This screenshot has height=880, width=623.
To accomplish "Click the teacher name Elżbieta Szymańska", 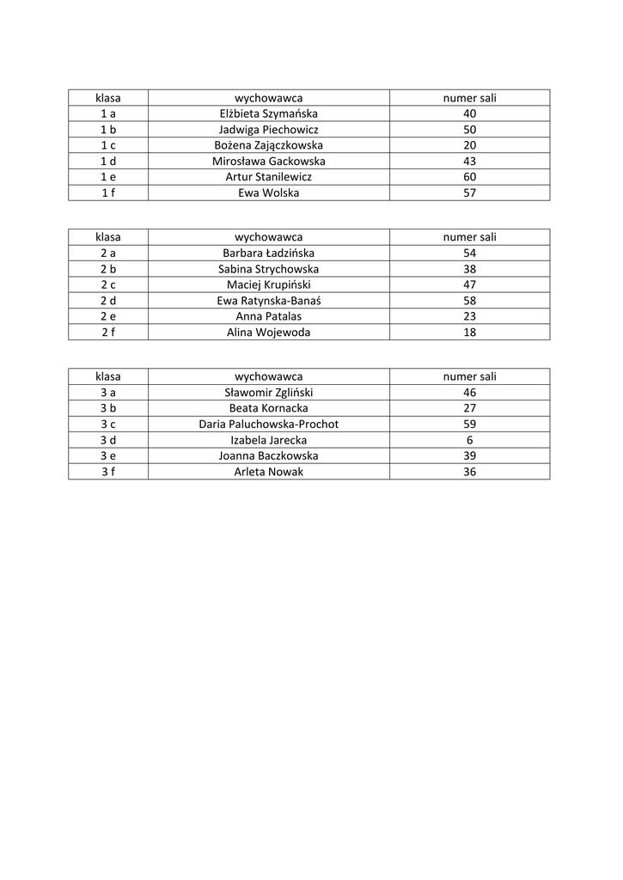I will (x=268, y=113).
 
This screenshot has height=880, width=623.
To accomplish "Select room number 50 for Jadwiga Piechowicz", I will (x=469, y=129).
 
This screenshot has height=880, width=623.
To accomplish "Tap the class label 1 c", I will (x=108, y=145).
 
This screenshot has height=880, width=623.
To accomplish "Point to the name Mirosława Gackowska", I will (x=268, y=161).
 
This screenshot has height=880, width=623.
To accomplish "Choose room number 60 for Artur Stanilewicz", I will (x=469, y=177).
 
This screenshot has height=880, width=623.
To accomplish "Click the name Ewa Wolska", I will (x=268, y=192).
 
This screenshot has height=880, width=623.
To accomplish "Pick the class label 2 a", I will (x=108, y=253).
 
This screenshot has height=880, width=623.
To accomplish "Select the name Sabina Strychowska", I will (x=268, y=269).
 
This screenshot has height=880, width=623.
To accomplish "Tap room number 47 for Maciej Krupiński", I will (x=469, y=284).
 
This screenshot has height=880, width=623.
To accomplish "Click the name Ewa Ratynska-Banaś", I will (x=268, y=301).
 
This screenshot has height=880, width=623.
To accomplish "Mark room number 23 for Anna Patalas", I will (x=469, y=316).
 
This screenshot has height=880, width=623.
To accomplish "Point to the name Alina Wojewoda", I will (x=268, y=333).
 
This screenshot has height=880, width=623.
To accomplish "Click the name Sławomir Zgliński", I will (x=268, y=393).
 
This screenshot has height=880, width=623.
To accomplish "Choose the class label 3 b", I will (x=108, y=408).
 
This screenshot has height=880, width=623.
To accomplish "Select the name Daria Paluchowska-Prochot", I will (x=268, y=425).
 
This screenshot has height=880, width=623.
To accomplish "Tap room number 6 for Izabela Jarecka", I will (x=469, y=440).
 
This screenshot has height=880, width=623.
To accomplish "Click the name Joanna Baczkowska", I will (x=268, y=456).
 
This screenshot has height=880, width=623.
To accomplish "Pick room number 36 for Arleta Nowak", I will (x=469, y=472).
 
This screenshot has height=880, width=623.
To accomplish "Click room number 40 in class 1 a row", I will (x=469, y=113).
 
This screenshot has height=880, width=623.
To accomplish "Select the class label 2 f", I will (x=108, y=333).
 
